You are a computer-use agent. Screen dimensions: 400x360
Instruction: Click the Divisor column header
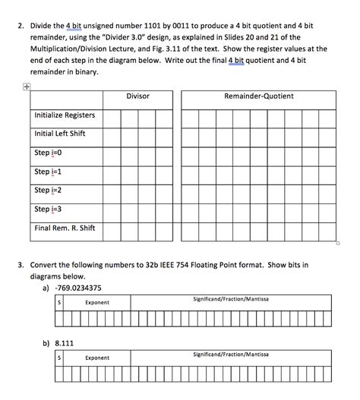pos(137,96)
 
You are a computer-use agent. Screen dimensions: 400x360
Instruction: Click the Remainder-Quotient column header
pos(259,96)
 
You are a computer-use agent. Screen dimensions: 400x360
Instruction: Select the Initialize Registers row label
pos(65,115)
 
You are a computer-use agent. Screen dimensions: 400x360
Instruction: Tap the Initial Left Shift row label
pos(60,134)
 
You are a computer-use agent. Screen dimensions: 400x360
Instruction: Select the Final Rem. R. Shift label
pos(64,228)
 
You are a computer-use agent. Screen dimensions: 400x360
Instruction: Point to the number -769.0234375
pos(82,288)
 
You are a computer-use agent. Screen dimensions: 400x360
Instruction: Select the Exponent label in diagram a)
pos(97,302)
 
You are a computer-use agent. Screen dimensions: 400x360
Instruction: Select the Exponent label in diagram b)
pos(97,357)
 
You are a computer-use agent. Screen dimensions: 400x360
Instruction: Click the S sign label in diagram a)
pos(59,302)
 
